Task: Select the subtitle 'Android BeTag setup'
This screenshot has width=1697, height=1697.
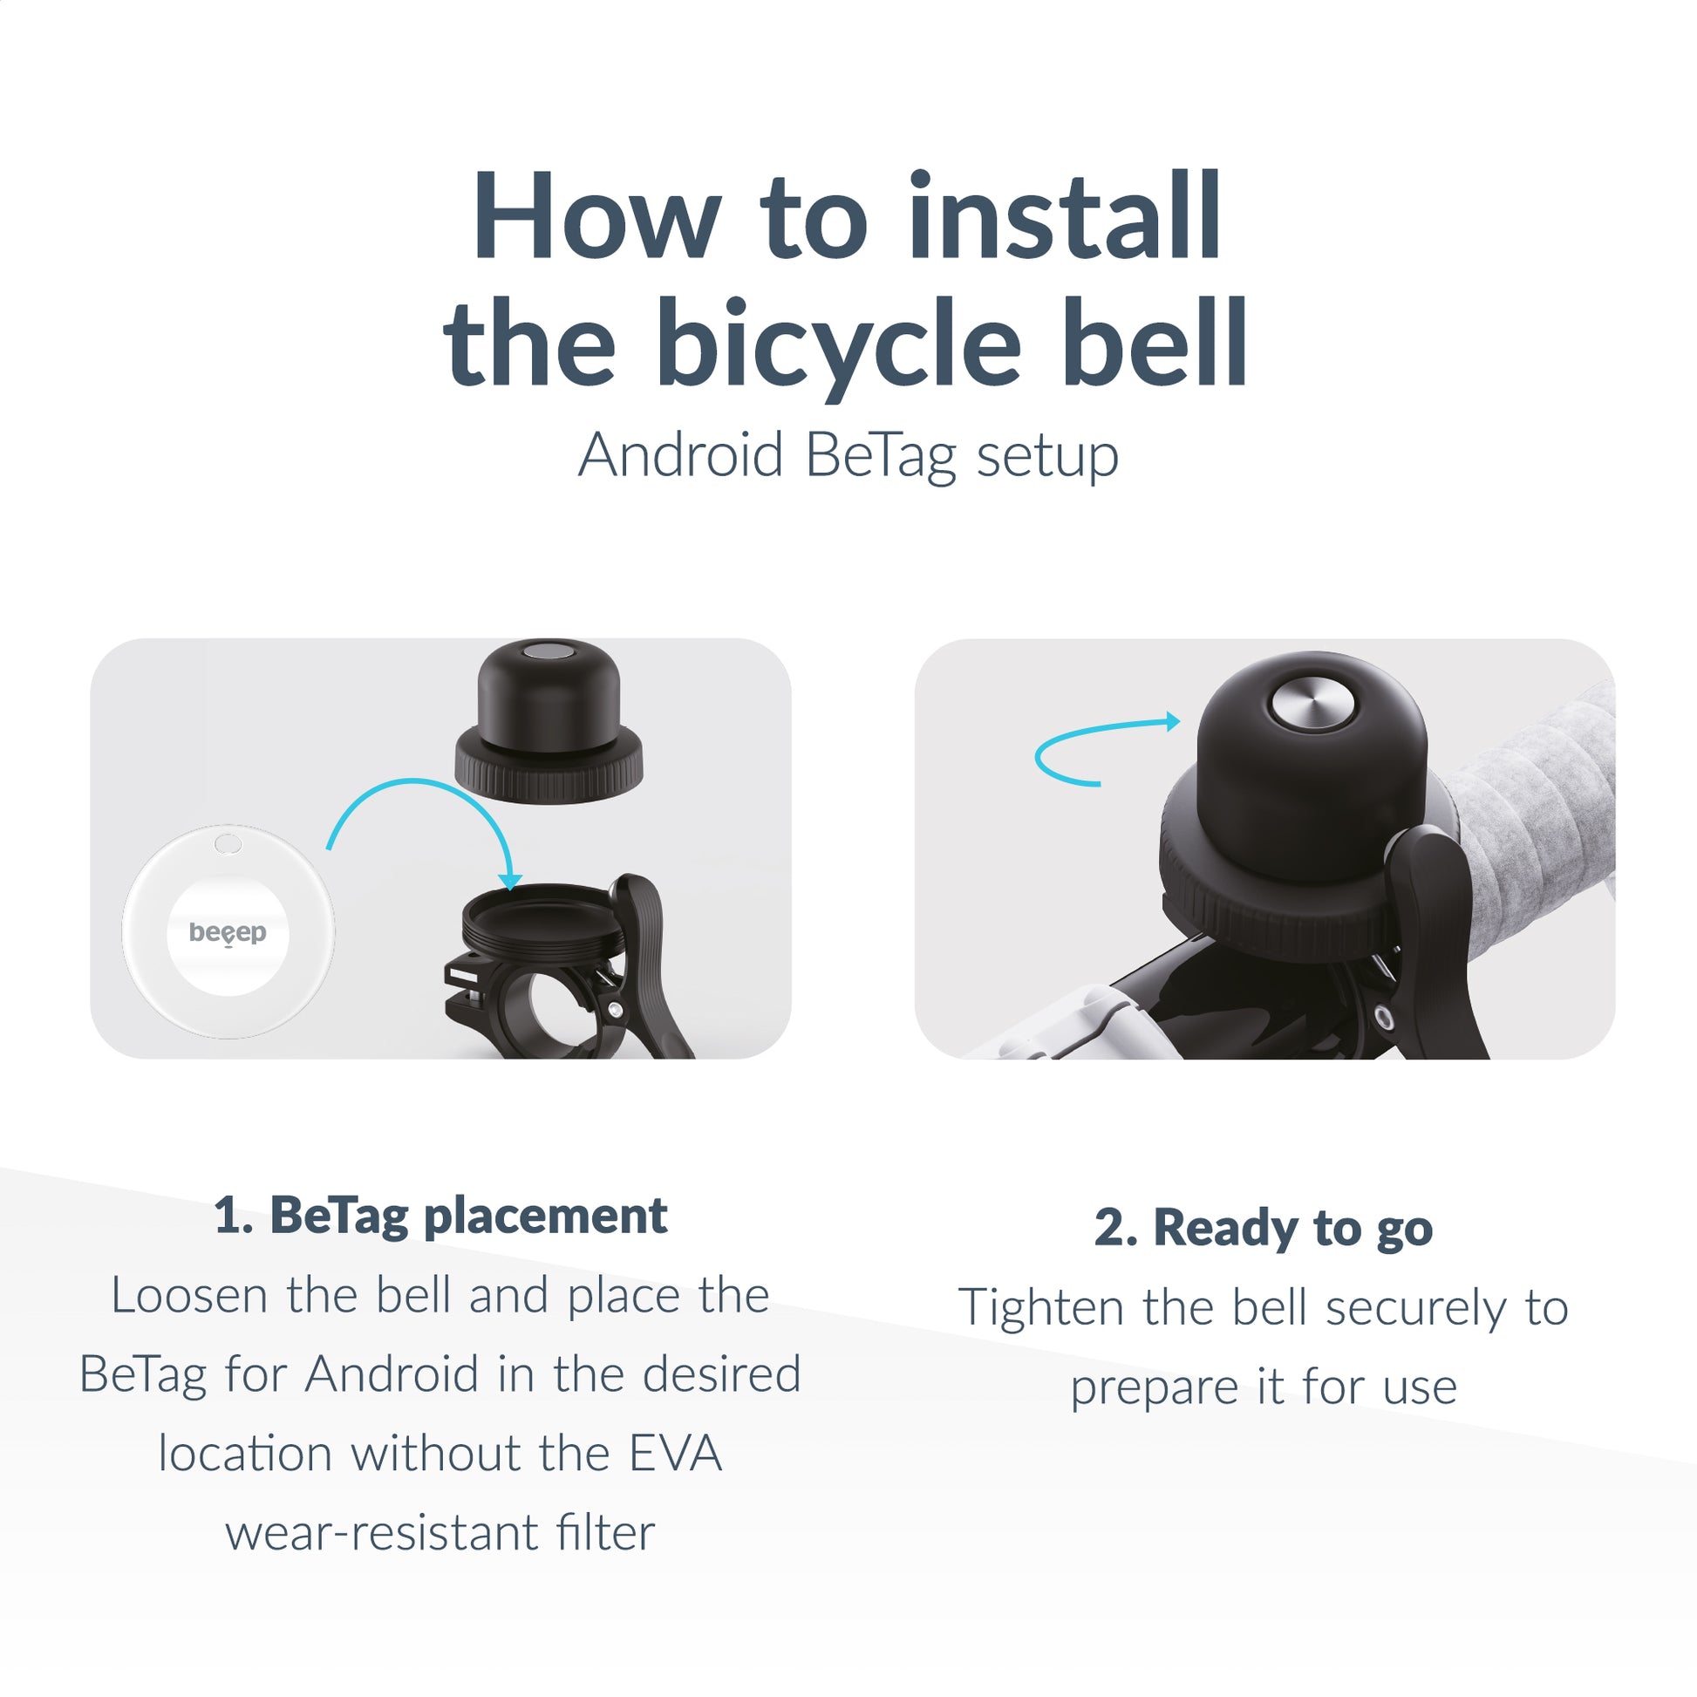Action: (848, 456)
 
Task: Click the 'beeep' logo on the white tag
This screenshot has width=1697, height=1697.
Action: (228, 932)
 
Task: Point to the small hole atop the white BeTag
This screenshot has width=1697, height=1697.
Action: (228, 844)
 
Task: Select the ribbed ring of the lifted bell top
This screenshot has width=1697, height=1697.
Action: (549, 774)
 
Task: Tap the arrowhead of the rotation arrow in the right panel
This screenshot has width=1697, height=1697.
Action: (1173, 721)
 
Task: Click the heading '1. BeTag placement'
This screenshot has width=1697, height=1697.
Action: (440, 1216)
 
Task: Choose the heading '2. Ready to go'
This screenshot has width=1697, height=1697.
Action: (1263, 1227)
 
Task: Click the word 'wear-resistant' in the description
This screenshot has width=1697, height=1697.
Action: (380, 1532)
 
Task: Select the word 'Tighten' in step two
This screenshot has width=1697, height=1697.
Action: (1040, 1308)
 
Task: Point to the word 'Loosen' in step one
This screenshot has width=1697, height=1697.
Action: (189, 1296)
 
